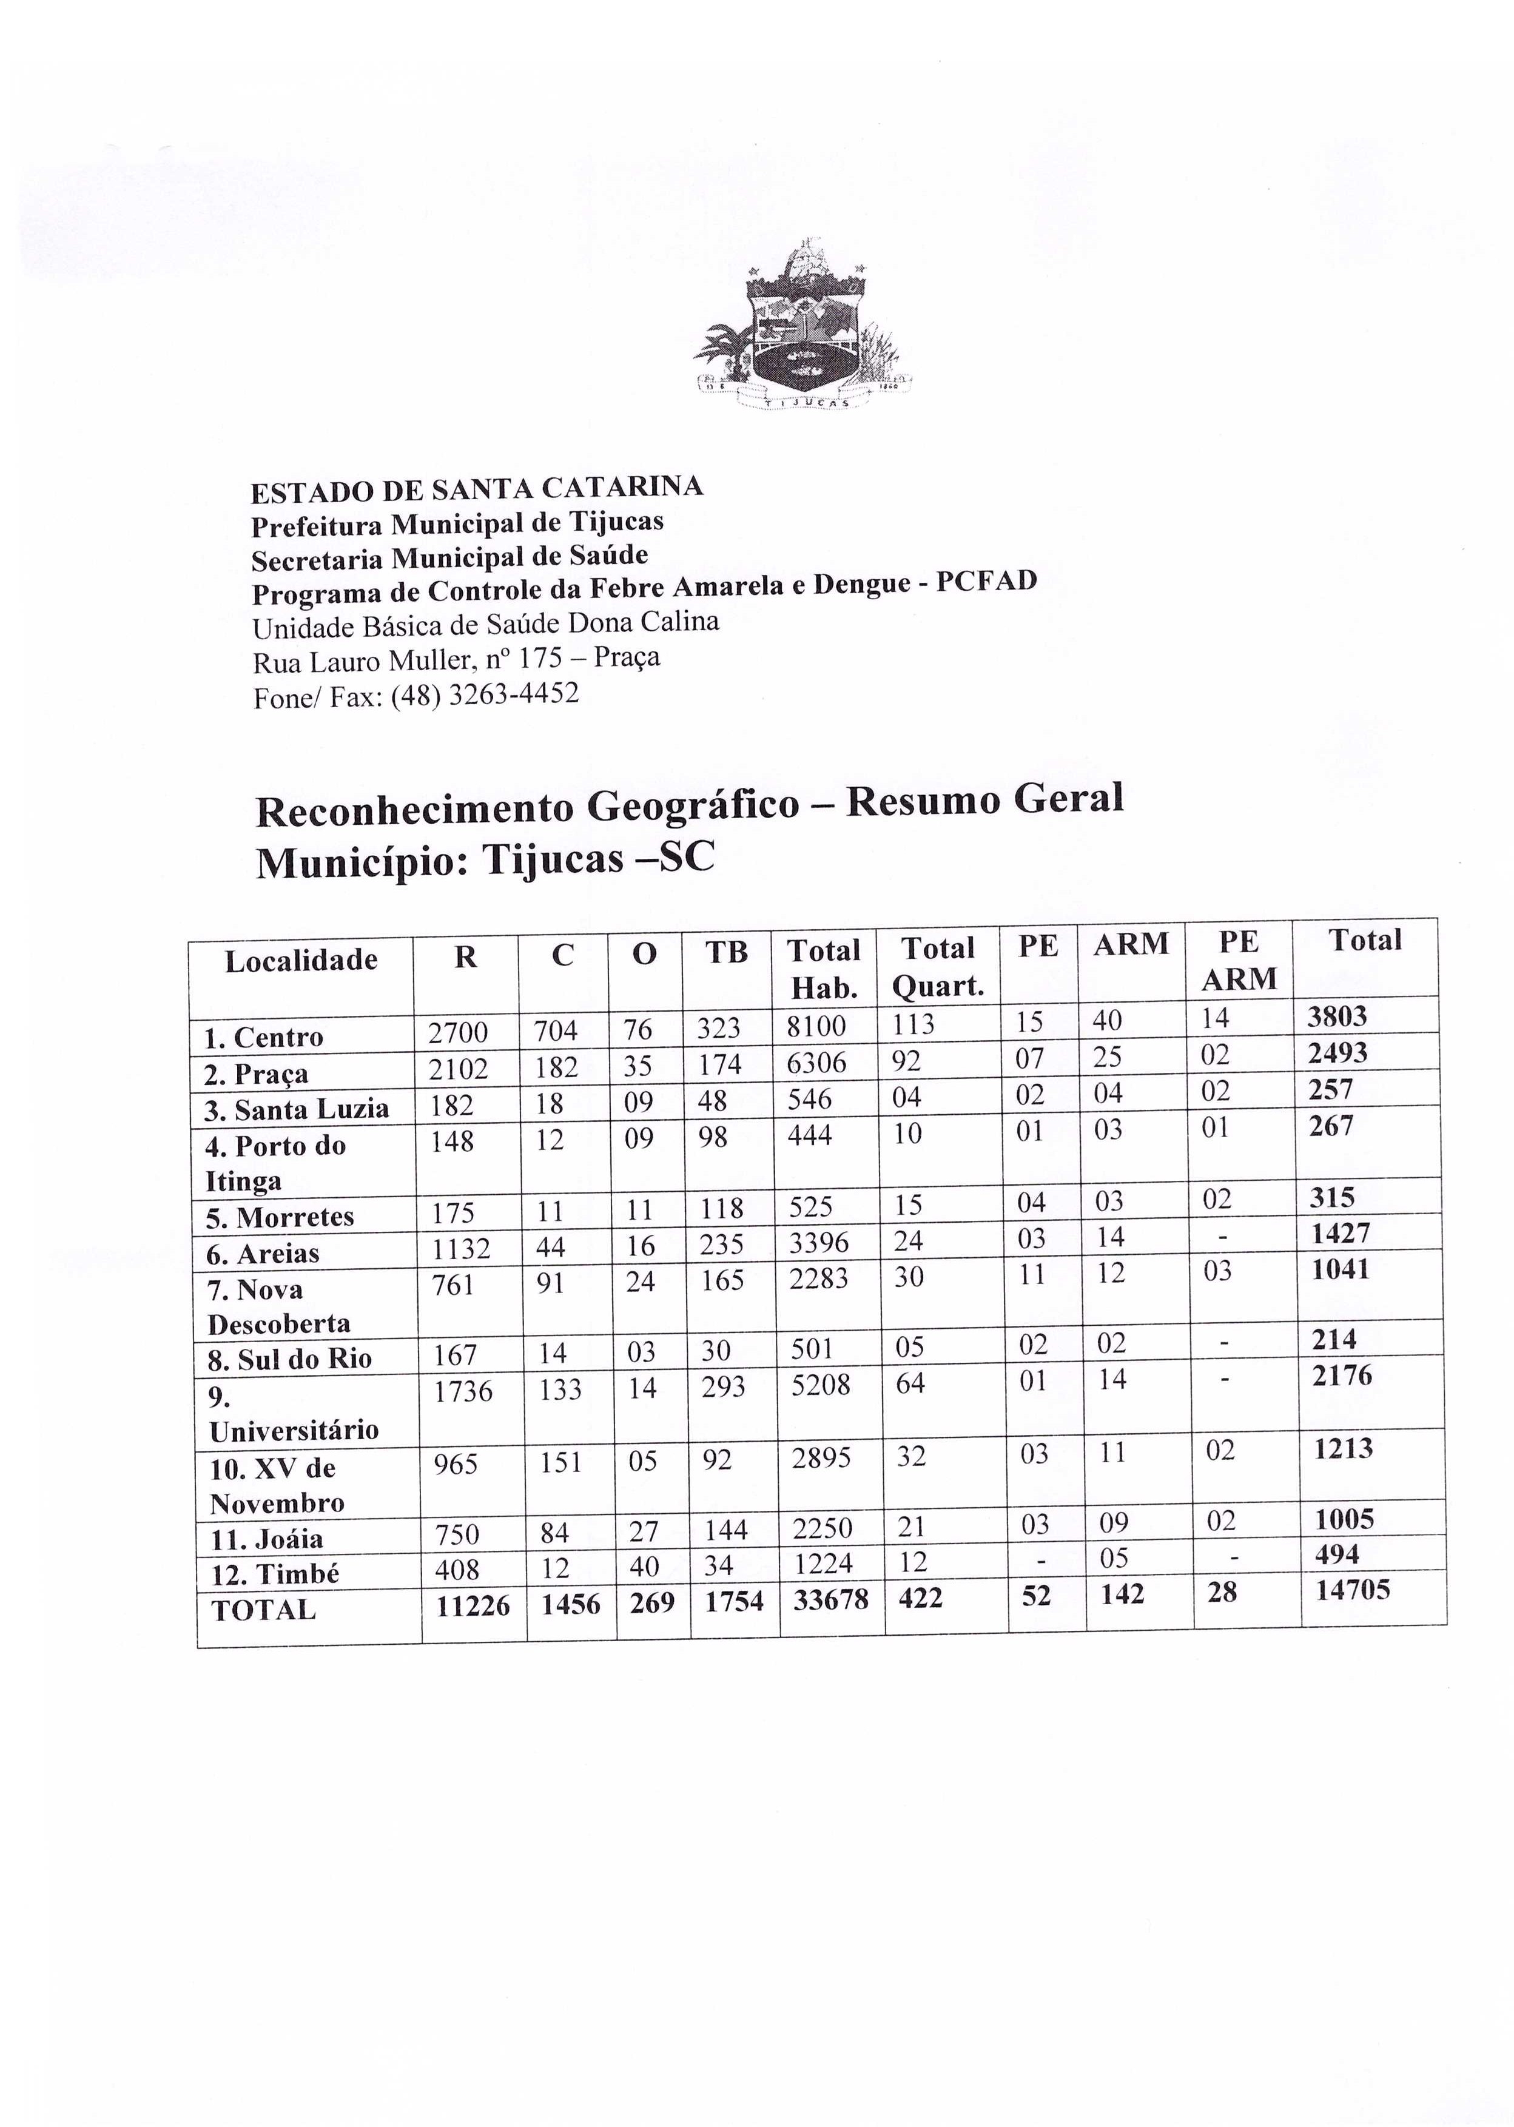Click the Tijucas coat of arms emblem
tap(802, 326)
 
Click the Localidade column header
tap(301, 960)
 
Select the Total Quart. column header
tap(938, 967)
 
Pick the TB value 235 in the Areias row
tap(724, 1245)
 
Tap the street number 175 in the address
tap(540, 659)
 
